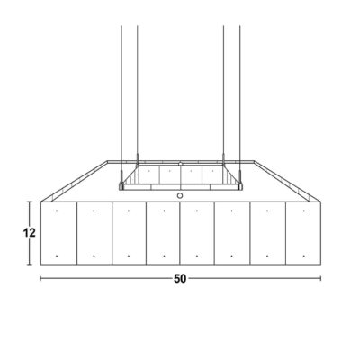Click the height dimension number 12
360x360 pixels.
[30, 232]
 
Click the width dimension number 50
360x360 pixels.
[180, 279]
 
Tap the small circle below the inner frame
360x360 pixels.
[180, 196]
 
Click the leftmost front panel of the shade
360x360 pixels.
[58, 233]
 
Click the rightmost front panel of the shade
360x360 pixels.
[303, 233]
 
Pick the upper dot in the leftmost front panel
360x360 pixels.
[57, 211]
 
